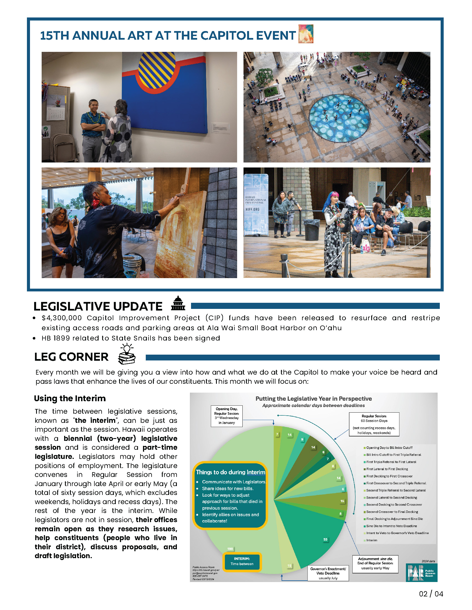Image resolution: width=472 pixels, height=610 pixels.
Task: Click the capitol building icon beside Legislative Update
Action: (x=178, y=303)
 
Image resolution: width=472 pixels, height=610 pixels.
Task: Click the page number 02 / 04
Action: (x=431, y=594)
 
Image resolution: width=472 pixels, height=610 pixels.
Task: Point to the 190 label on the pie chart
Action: (x=230, y=549)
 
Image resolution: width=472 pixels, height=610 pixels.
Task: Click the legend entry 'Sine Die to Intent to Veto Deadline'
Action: (x=391, y=526)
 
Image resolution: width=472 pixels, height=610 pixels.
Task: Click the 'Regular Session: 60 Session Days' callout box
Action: (x=374, y=424)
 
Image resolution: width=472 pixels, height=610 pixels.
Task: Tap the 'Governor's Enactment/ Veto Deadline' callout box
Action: (x=328, y=573)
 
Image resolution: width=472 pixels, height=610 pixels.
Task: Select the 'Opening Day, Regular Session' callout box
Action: (x=227, y=416)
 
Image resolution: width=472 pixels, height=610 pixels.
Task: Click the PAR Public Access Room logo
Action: (x=421, y=573)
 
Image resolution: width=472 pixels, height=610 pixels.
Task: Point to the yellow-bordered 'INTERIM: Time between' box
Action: (x=242, y=561)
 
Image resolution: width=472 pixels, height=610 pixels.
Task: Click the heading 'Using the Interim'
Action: (x=70, y=398)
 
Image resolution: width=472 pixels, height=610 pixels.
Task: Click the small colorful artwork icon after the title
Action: (x=306, y=34)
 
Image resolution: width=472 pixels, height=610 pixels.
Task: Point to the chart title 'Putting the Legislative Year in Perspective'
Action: (x=313, y=398)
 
